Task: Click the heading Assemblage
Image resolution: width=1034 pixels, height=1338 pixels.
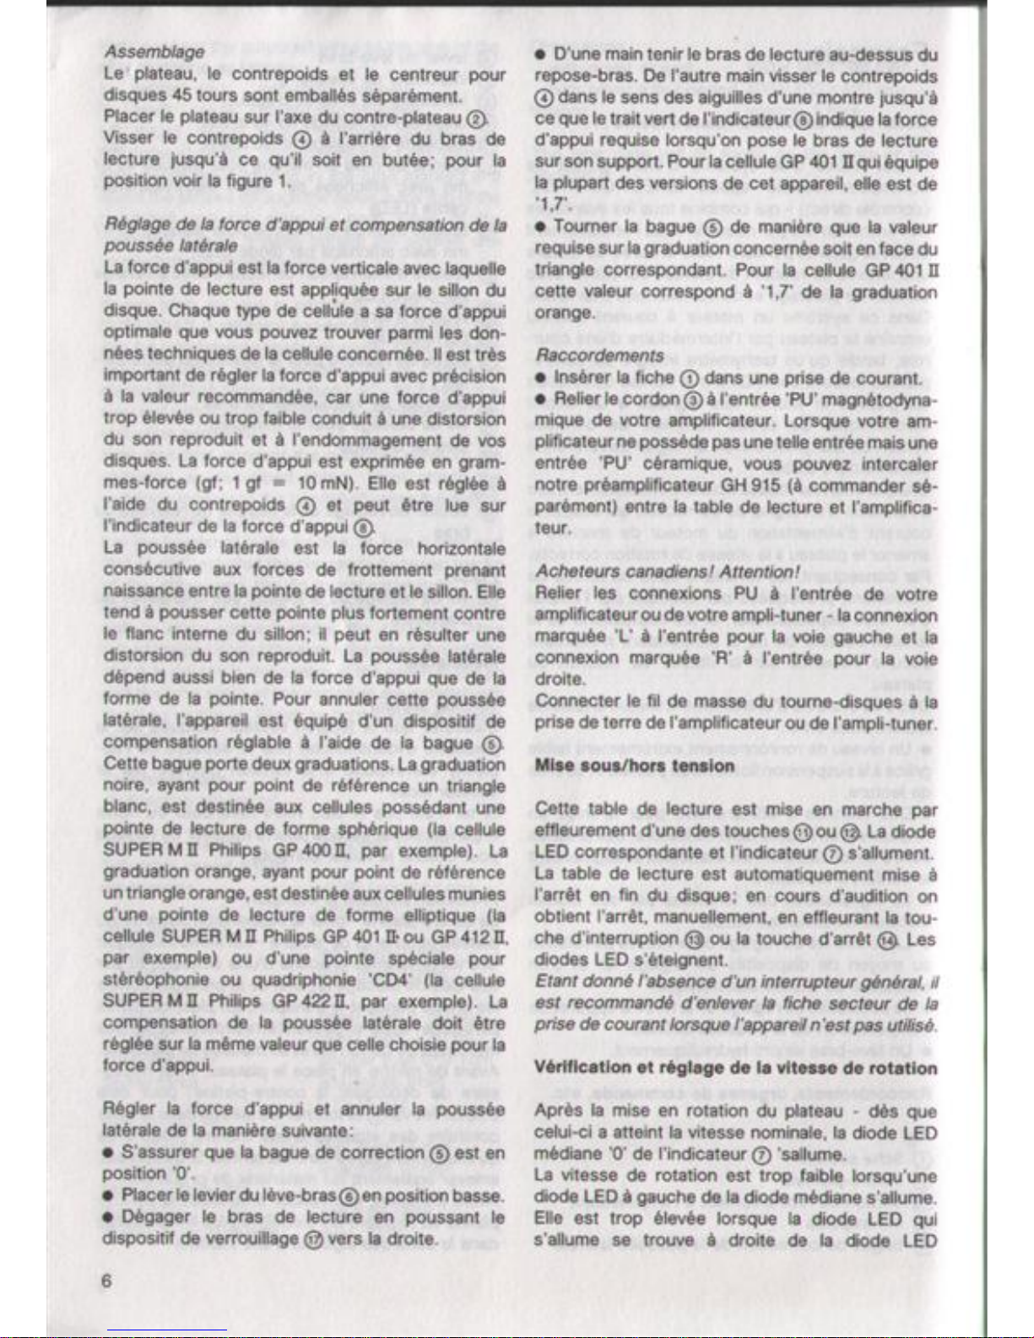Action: click(x=153, y=51)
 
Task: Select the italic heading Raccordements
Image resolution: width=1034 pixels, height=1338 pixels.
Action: click(x=599, y=355)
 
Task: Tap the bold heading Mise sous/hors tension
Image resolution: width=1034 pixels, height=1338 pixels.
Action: click(x=635, y=766)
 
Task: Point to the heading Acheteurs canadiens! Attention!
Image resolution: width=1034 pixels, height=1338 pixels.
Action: click(x=668, y=571)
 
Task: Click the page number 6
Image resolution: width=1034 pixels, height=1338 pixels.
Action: click(x=106, y=1281)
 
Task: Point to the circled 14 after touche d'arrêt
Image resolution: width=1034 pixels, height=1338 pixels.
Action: click(x=889, y=939)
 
